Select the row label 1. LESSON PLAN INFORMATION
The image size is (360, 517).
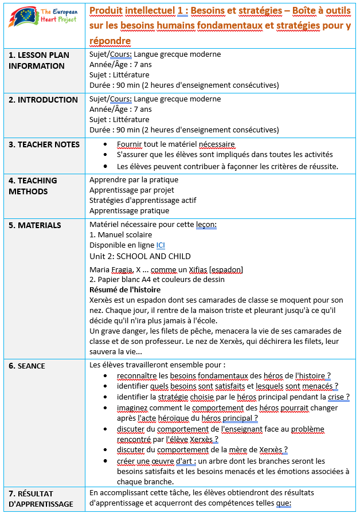click(x=39, y=60)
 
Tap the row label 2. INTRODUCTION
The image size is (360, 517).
click(x=43, y=100)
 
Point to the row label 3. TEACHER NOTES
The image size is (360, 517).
click(x=44, y=144)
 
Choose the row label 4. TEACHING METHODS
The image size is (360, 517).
click(x=33, y=185)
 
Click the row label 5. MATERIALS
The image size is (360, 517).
click(x=35, y=225)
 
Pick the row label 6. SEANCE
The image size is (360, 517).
click(x=27, y=366)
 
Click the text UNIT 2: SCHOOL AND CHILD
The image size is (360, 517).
click(x=140, y=256)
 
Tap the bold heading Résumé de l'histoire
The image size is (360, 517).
click(x=125, y=289)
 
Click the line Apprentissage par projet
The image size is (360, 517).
click(x=132, y=190)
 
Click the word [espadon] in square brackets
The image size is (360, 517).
click(x=227, y=269)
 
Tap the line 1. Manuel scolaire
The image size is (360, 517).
click(x=121, y=235)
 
